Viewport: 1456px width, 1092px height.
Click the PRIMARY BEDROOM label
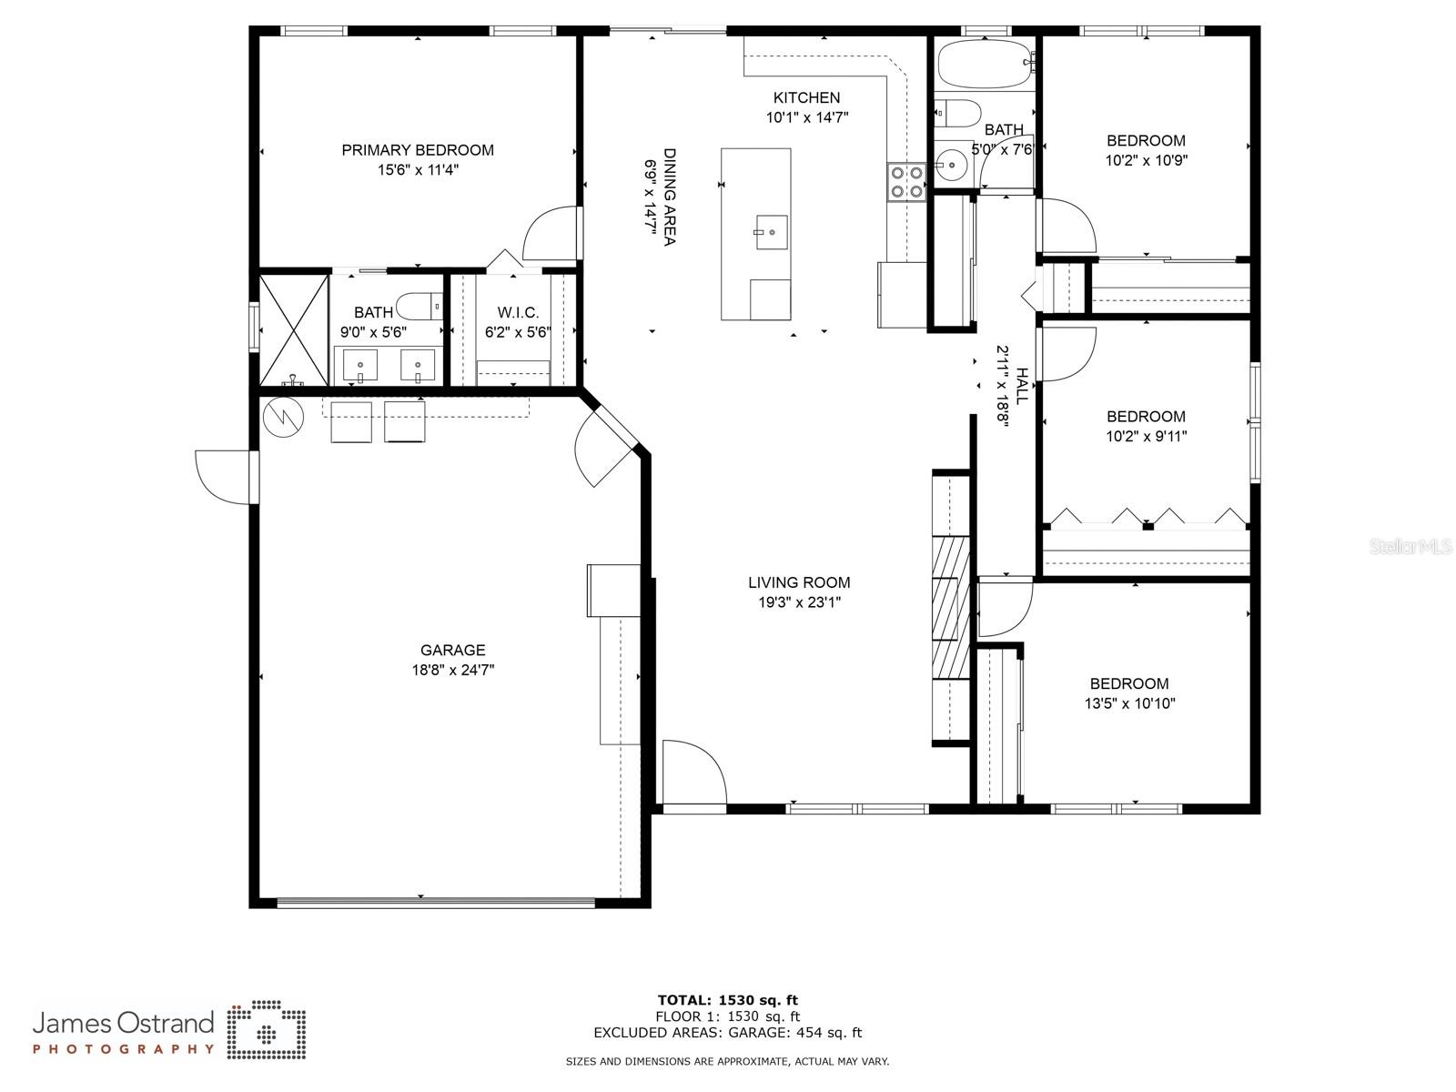(x=418, y=150)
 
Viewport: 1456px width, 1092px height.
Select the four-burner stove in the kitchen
(x=907, y=180)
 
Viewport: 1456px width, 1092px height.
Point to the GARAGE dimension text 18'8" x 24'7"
(x=452, y=671)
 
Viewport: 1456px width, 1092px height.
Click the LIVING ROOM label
(x=799, y=582)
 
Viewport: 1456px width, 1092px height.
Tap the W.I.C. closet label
(x=518, y=312)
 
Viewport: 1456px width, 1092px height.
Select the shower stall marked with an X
(x=294, y=330)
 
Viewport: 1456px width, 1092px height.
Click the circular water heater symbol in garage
(x=283, y=418)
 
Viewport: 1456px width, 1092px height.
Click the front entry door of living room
(x=693, y=773)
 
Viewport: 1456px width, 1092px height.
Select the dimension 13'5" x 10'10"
(x=1129, y=703)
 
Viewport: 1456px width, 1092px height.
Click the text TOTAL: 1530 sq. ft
(x=727, y=1000)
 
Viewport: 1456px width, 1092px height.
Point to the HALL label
(x=1021, y=386)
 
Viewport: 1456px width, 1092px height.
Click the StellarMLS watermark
(x=1411, y=547)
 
